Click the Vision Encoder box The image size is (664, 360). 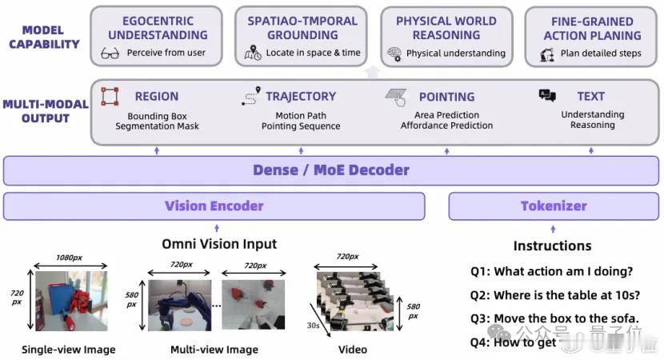(214, 206)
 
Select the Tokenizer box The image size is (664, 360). (554, 206)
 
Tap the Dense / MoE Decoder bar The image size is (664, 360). (331, 170)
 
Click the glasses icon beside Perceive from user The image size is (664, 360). (111, 54)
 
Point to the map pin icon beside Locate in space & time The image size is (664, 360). (253, 54)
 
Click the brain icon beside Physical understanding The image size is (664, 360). (394, 54)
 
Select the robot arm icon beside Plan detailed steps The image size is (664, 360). (547, 54)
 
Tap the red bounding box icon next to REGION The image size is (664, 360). (110, 97)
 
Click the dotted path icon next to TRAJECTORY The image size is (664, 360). (250, 98)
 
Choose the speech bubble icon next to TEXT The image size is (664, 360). (547, 96)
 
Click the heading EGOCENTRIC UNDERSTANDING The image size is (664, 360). (158, 28)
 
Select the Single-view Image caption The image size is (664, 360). (69, 350)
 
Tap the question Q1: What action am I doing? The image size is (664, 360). (552, 271)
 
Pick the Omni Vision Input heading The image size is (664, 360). (219, 244)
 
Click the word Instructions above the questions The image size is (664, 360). (552, 246)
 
